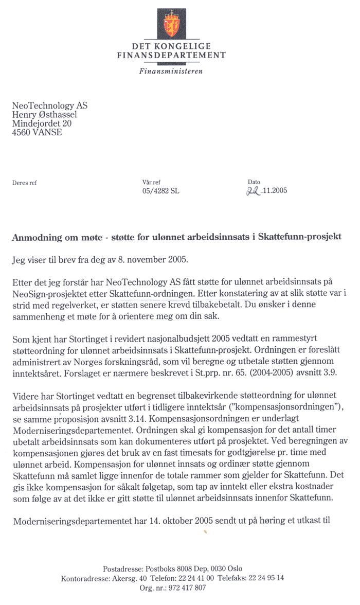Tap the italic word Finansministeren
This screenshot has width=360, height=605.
171,70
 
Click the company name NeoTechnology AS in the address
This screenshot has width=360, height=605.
50,105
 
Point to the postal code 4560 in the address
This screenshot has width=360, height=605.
22,133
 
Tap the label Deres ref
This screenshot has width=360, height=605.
24,182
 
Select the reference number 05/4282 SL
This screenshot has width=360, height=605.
161,191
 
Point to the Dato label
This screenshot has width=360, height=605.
254,182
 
